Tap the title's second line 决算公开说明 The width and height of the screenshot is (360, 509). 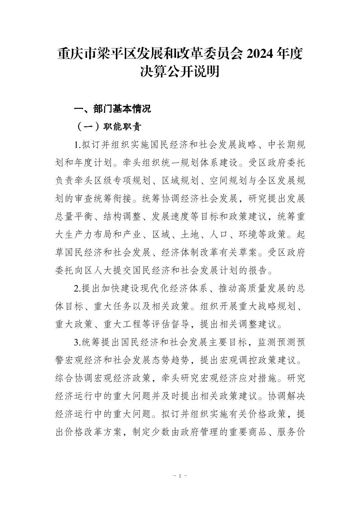(x=180, y=72)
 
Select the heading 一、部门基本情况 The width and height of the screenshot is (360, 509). (x=112, y=109)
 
